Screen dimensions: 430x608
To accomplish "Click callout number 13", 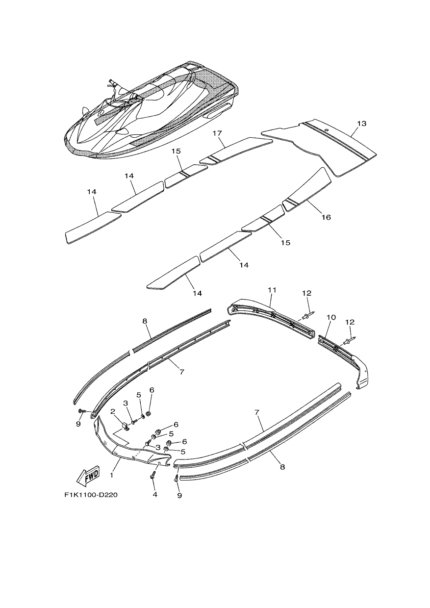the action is (361, 124).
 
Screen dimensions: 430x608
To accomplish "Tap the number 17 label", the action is (217, 133).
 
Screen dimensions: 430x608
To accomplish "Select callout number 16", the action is (327, 217).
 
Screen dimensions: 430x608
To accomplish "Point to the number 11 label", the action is (272, 290).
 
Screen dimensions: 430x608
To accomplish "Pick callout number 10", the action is (331, 317).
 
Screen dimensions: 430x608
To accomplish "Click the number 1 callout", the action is (111, 475).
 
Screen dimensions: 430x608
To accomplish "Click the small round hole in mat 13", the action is (327, 130).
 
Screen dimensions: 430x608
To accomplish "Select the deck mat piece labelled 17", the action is (236, 151).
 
